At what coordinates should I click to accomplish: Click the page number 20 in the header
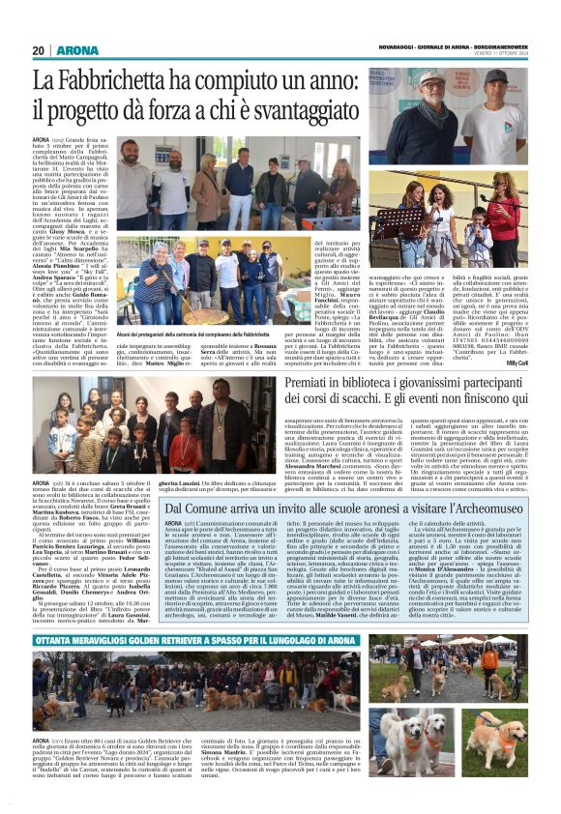pos(39,50)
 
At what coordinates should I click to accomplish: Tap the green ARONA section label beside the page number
pos(76,50)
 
